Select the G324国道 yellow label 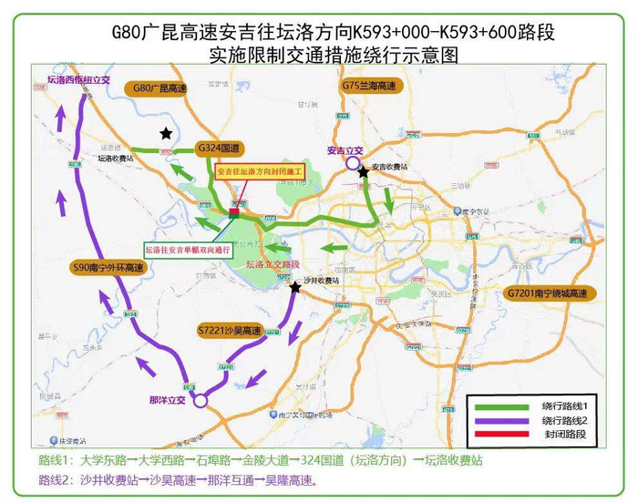pyautogui.click(x=218, y=148)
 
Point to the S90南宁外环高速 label pyautogui.click(x=108, y=268)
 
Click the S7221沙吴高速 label pyautogui.click(x=229, y=330)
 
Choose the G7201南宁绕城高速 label pyautogui.click(x=547, y=293)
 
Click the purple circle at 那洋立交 pyautogui.click(x=201, y=399)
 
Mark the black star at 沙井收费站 pyautogui.click(x=295, y=288)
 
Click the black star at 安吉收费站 pyautogui.click(x=364, y=171)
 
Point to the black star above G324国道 pyautogui.click(x=166, y=134)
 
